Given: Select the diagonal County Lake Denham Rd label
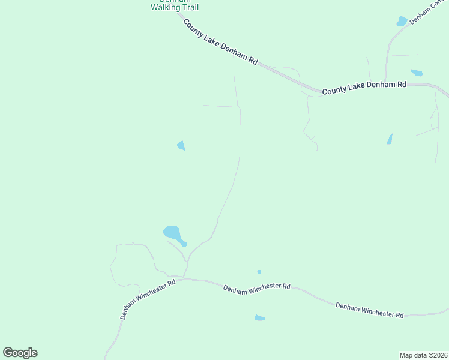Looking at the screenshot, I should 220,43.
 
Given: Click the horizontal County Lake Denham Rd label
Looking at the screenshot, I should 364,88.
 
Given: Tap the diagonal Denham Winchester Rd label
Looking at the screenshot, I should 148,299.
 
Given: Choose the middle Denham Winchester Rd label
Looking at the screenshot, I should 256,287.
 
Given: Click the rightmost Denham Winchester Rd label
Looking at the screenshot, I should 369,310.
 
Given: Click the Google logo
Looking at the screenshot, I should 20,353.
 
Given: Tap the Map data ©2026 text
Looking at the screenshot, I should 423,355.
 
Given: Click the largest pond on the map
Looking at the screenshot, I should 172,233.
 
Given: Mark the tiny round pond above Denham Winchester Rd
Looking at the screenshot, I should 259,272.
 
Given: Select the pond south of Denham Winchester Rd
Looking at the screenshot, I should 259,317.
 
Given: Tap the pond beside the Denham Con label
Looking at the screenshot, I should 402,21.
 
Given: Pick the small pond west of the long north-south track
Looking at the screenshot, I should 181,145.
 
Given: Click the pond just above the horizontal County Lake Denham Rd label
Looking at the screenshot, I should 416,73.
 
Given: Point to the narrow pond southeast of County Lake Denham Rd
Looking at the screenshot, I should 390,139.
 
